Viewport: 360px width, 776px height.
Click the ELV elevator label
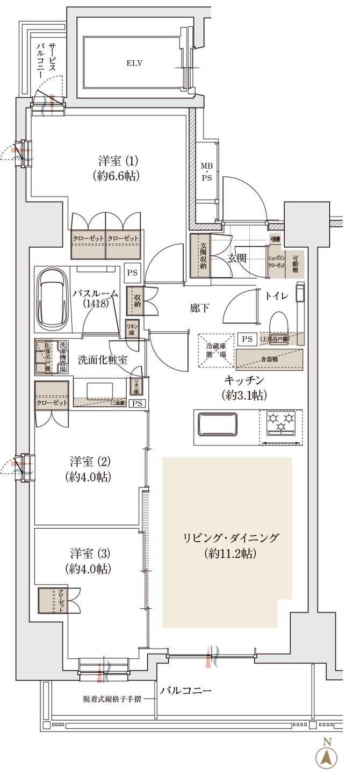134,63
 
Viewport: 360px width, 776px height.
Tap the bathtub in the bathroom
53,300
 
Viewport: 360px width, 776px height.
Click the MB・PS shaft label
207,173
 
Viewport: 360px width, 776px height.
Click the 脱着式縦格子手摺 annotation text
113,700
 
